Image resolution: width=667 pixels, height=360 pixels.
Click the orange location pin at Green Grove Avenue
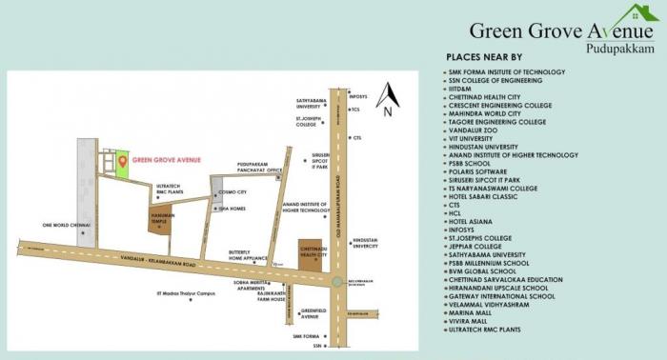[122, 161]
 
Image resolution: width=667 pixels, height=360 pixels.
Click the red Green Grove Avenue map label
[167, 160]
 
